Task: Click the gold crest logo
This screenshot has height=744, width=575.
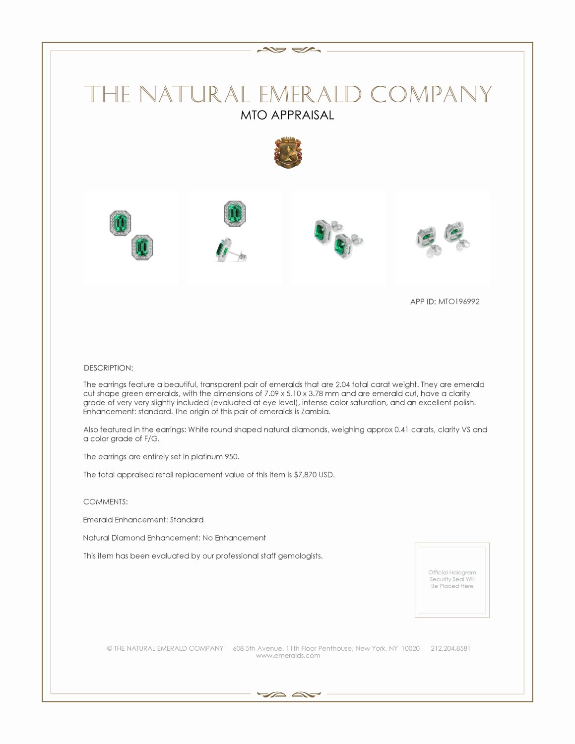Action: [x=288, y=152]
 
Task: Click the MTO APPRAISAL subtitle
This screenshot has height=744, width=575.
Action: [x=287, y=115]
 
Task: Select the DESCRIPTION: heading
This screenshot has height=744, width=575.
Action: [x=108, y=368]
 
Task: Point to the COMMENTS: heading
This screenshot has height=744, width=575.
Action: [x=105, y=502]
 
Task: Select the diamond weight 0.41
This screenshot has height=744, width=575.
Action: [x=401, y=430]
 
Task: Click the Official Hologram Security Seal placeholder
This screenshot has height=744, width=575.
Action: [x=452, y=579]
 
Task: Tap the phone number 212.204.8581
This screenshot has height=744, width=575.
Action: [x=450, y=648]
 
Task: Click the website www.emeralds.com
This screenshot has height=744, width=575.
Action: [x=288, y=656]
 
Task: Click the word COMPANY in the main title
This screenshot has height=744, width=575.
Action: [x=431, y=94]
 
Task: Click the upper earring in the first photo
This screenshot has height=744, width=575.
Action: [x=120, y=223]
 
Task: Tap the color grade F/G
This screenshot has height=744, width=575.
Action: [x=151, y=439]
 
